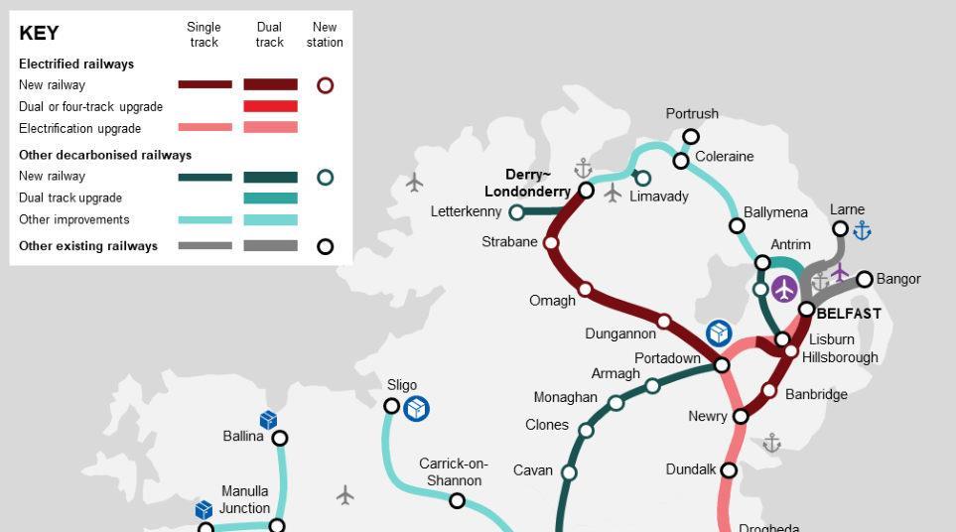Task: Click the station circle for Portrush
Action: coord(691,137)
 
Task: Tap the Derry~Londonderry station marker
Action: coord(586,190)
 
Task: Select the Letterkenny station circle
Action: coord(516,212)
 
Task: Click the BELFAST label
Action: coord(848,314)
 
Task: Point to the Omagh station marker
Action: coord(585,290)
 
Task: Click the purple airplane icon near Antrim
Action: coord(784,290)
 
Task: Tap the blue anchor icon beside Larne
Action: coord(862,231)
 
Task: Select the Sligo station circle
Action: coord(392,406)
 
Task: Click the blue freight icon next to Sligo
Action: coord(416,408)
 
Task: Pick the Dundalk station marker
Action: coord(729,469)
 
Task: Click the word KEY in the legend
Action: coord(39,34)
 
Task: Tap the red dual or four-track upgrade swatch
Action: coord(270,106)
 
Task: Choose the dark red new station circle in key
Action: coord(325,85)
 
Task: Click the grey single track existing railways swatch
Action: coord(205,246)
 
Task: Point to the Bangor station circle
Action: coord(864,280)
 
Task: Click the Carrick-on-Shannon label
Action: coord(453,471)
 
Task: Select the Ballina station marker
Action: coord(280,438)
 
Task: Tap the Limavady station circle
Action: coord(642,179)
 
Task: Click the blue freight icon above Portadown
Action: coord(719,333)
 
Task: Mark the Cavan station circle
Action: coord(569,472)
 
